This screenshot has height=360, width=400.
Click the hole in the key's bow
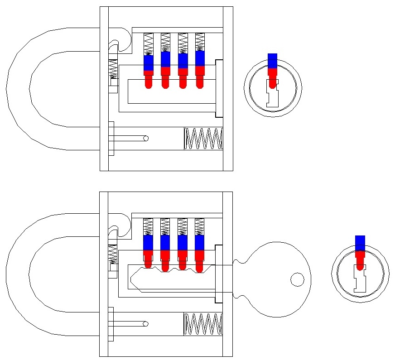pos(297,279)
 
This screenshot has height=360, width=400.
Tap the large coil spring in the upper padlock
pos(203,139)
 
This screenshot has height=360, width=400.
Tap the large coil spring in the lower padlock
pos(203,324)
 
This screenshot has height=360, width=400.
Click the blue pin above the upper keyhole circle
pos(272,61)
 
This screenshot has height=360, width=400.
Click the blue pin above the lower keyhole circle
pos(360,243)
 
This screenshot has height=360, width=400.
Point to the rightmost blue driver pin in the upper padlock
pos(200,59)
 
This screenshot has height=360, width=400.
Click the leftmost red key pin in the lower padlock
pos(149,257)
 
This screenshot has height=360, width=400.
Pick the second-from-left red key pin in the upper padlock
pos(165,77)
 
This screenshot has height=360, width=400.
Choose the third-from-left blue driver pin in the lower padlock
pos(183,243)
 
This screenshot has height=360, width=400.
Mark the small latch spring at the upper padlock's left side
pos(113,70)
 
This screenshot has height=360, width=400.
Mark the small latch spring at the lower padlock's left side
pos(113,255)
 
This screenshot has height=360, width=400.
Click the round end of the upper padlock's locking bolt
pos(145,139)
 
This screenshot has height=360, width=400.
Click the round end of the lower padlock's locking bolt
pos(145,324)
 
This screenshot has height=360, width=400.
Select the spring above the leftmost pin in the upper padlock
pos(149,44)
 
